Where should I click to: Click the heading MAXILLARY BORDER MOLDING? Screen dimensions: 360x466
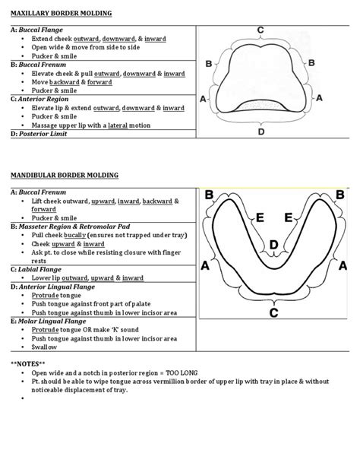(61, 14)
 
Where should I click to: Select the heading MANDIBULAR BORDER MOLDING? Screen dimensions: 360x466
(65, 176)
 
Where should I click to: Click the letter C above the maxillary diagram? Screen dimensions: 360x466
(261, 29)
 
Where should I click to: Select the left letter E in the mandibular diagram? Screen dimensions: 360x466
(261, 218)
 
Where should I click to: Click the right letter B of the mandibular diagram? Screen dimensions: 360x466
(339, 195)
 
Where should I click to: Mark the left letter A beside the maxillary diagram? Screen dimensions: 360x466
(204, 100)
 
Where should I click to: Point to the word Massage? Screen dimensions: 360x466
(45, 124)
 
